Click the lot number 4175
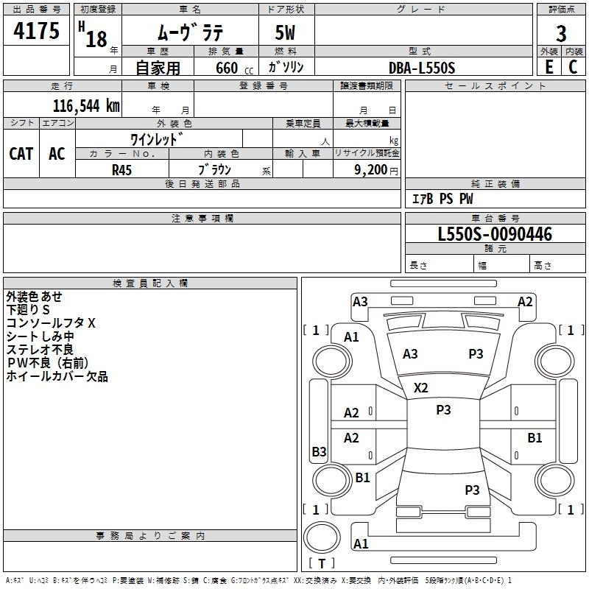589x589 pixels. click(36, 31)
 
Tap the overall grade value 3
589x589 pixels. click(561, 33)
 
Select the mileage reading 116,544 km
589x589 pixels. click(86, 106)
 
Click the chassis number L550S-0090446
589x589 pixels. click(495, 234)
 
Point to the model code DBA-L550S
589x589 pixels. click(422, 68)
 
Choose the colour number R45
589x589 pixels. click(121, 170)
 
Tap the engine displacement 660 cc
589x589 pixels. click(234, 68)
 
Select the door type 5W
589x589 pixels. click(285, 32)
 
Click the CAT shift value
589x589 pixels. click(21, 154)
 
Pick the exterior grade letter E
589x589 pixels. click(549, 67)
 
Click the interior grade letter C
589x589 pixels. click(573, 67)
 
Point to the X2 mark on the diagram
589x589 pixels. click(420, 388)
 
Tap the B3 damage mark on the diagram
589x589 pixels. click(320, 451)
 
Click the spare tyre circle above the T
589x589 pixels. click(322, 537)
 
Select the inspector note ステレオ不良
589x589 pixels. click(40, 350)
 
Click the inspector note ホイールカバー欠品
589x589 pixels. click(57, 376)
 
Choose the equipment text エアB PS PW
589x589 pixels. click(442, 199)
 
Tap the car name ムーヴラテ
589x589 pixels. click(191, 32)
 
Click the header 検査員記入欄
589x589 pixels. click(150, 283)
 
